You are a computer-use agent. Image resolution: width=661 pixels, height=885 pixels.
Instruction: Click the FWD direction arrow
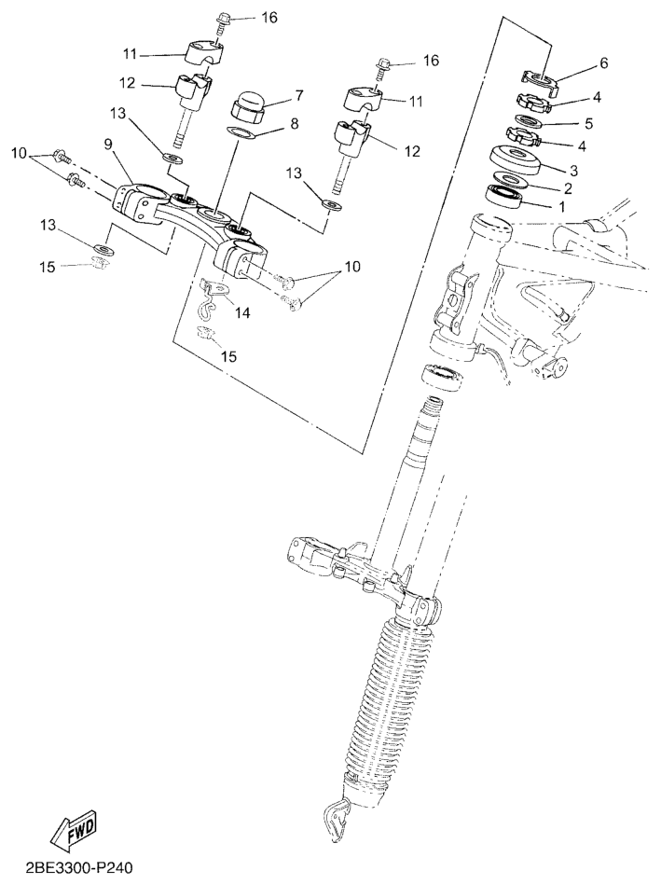(x=76, y=831)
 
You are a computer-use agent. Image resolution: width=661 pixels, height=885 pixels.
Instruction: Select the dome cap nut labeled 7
(x=247, y=107)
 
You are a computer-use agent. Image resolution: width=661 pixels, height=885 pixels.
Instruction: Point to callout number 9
(x=108, y=146)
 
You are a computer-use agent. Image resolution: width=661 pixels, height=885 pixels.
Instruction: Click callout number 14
(x=242, y=312)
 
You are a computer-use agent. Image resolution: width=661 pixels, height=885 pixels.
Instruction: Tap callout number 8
(x=294, y=124)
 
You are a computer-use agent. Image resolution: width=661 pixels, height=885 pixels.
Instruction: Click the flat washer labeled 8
(x=240, y=132)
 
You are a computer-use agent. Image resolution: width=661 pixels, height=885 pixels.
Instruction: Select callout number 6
(x=603, y=63)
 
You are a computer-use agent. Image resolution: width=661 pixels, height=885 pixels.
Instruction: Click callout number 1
(x=560, y=207)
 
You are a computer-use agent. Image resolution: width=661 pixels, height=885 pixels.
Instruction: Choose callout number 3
(x=573, y=170)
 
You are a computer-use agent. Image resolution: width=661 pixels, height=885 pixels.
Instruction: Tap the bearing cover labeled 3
(x=516, y=159)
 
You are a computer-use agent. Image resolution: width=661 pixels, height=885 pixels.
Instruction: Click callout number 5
(x=589, y=122)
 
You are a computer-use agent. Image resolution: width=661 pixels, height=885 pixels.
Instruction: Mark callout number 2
(x=568, y=187)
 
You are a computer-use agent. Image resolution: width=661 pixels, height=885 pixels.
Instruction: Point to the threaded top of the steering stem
(x=434, y=406)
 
